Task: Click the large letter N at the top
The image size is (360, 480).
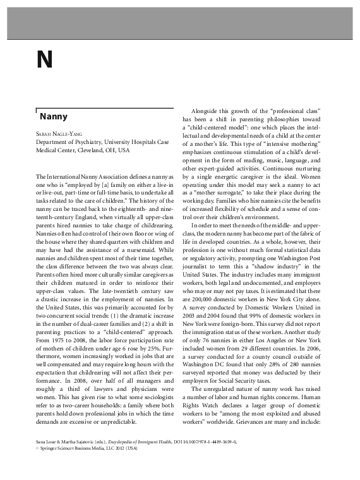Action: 44,61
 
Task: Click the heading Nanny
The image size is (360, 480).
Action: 54,117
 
